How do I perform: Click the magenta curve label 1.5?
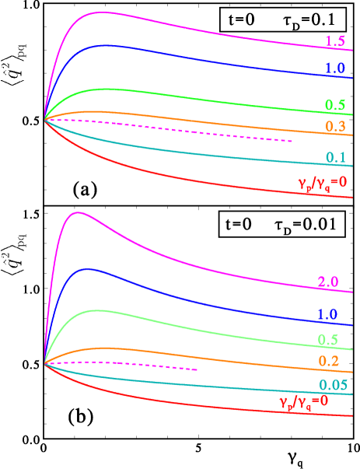coord(335,40)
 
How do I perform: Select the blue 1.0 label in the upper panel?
coord(335,69)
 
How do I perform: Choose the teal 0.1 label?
coord(335,159)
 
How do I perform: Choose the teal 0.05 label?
coord(332,386)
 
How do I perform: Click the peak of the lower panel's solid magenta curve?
coord(78,213)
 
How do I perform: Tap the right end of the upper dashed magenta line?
coord(292,141)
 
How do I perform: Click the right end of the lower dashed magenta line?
coord(197,369)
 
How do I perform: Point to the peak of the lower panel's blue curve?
coord(89,268)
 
